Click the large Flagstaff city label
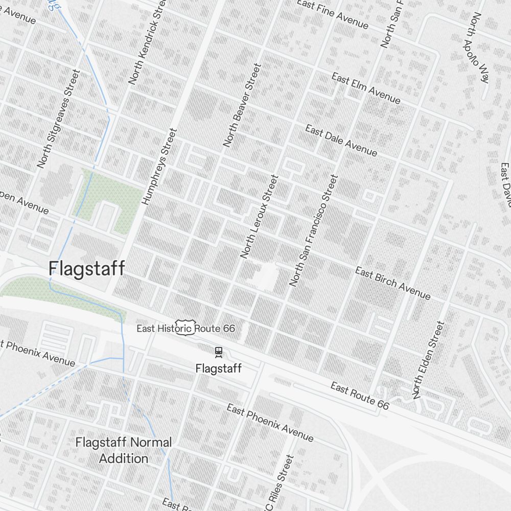click(x=86, y=268)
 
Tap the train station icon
click(x=219, y=351)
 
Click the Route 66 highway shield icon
click(x=184, y=328)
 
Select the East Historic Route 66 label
click(x=185, y=328)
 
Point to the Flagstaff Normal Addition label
click(x=124, y=450)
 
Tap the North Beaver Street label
click(x=242, y=106)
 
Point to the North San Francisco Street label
click(x=314, y=230)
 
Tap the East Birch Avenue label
click(x=392, y=283)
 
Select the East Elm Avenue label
click(x=366, y=88)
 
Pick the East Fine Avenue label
click(x=332, y=14)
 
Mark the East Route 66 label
click(x=360, y=396)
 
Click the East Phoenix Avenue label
click(x=270, y=423)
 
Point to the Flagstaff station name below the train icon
click(x=219, y=368)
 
